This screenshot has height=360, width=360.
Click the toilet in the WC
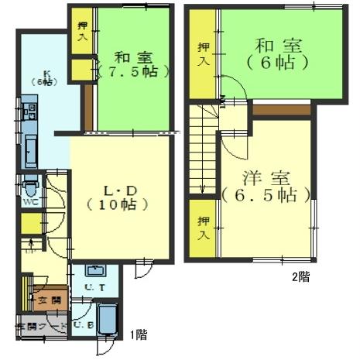[x=30, y=187]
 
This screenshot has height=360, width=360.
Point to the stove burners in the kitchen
[x=29, y=111]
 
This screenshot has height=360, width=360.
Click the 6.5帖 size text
[x=266, y=194]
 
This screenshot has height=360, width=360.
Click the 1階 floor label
[x=139, y=335]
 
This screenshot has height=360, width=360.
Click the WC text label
[x=29, y=201]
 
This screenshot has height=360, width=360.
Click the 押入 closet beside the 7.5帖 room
[x=81, y=31]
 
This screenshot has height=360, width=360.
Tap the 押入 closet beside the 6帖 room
[x=203, y=53]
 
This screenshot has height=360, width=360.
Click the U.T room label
[x=96, y=287]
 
